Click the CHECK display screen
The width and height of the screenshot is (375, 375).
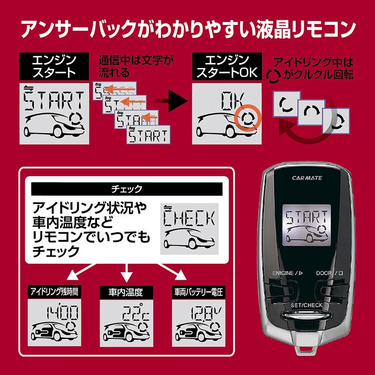tap(189, 228)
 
